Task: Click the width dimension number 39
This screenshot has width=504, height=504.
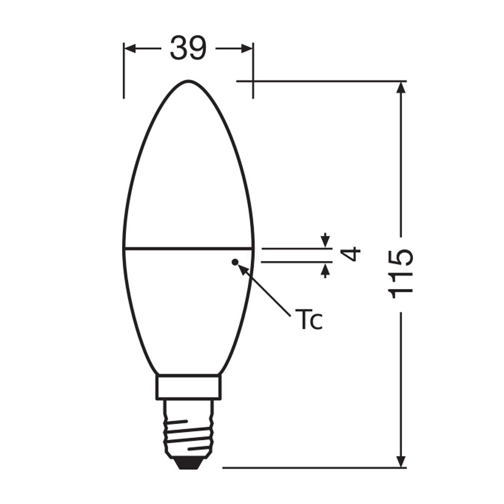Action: pos(188,48)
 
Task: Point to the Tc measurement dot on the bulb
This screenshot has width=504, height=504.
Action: pos(235,262)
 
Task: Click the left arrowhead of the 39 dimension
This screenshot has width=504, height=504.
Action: pos(130,49)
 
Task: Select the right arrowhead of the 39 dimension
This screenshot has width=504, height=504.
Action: pos(247,49)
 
